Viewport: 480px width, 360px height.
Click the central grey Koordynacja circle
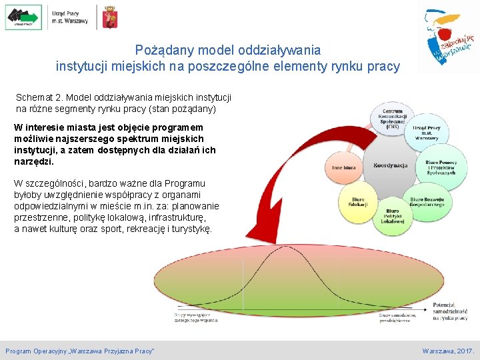tap(390, 165)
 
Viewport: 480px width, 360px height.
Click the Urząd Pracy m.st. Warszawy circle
tap(427, 131)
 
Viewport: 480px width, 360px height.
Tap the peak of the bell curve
tap(289, 247)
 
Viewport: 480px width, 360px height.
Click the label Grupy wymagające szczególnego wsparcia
tap(197, 317)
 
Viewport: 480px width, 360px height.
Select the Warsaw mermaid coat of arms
tap(109, 17)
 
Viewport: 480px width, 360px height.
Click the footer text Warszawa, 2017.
tap(448, 351)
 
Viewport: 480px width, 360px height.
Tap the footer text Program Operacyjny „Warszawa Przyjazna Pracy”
tap(80, 351)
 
